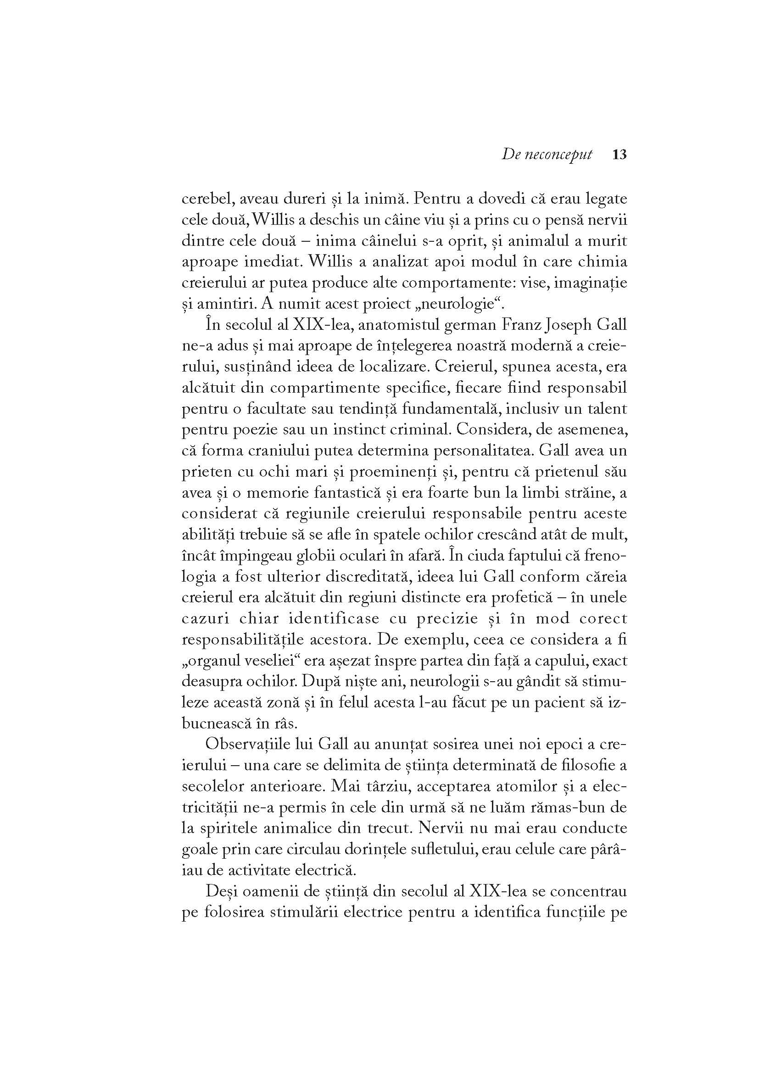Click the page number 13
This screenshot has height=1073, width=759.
pyautogui.click(x=619, y=155)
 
